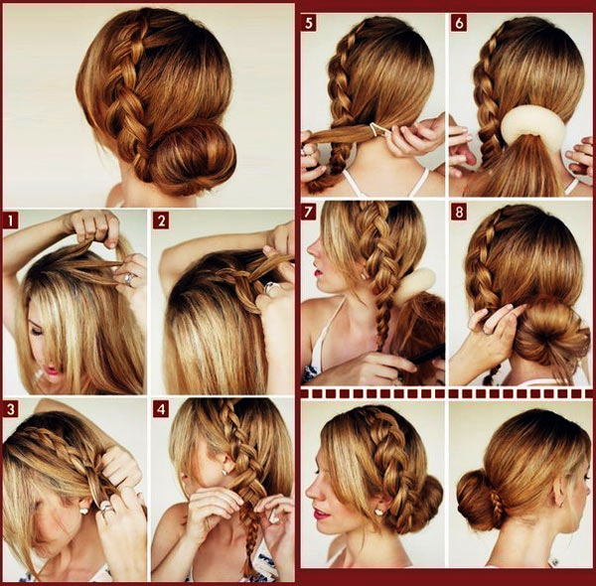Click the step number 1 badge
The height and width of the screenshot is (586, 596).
pyautogui.click(x=10, y=220)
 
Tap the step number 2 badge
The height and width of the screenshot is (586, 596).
pyautogui.click(x=161, y=220)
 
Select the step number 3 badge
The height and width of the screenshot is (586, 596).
pyautogui.click(x=10, y=409)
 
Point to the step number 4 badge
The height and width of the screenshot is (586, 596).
pyautogui.click(x=161, y=409)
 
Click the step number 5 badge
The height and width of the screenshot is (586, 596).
pyautogui.click(x=309, y=23)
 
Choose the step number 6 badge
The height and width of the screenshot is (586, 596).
pyautogui.click(x=459, y=23)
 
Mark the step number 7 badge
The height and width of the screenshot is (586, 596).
pyautogui.click(x=309, y=212)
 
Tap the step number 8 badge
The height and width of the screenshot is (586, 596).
pyautogui.click(x=459, y=212)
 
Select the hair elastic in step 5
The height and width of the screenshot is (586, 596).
pyautogui.click(x=375, y=129)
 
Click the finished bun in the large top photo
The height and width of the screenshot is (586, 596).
pyautogui.click(x=190, y=156)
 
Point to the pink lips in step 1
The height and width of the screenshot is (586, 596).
pyautogui.click(x=53, y=369)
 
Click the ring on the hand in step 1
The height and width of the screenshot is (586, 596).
pyautogui.click(x=129, y=278)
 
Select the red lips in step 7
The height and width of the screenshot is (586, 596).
pyautogui.click(x=317, y=271)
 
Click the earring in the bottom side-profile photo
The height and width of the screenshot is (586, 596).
pyautogui.click(x=378, y=512)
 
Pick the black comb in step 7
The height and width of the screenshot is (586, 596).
pyautogui.click(x=426, y=354)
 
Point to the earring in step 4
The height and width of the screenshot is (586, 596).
pyautogui.click(x=223, y=472)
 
